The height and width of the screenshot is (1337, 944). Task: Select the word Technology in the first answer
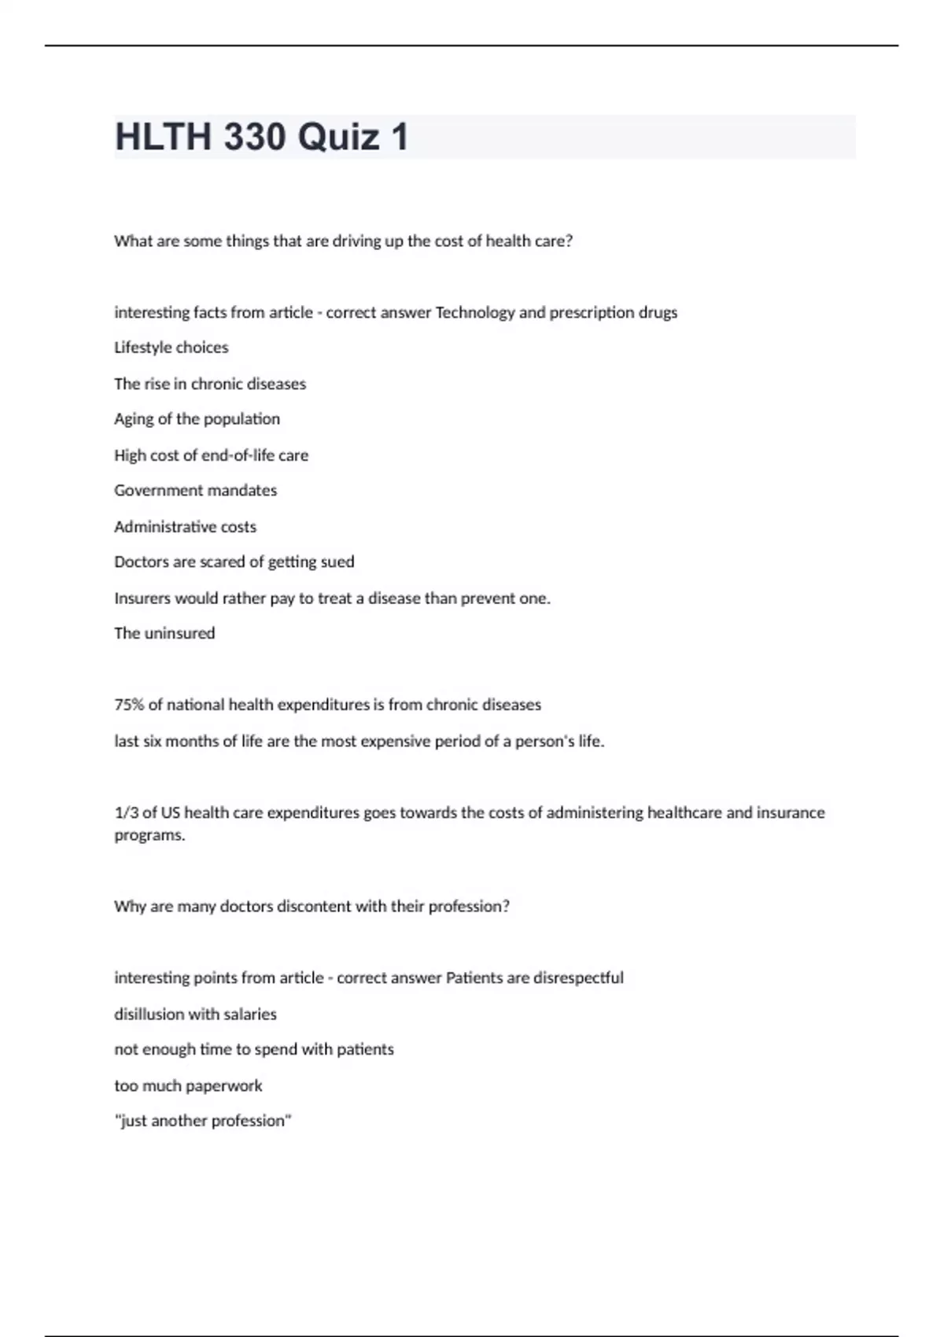click(474, 312)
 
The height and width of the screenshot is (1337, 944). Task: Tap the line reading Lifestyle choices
click(171, 348)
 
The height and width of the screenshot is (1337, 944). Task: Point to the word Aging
click(133, 419)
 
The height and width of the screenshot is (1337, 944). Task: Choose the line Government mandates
click(195, 491)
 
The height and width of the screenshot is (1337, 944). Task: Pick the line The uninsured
click(164, 633)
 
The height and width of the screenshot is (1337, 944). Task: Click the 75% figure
click(129, 705)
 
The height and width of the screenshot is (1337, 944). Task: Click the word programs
click(149, 835)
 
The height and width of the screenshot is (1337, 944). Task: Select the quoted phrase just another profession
click(202, 1121)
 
